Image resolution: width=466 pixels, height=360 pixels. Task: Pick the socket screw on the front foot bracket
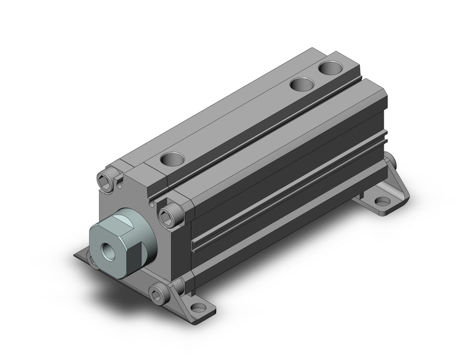158,295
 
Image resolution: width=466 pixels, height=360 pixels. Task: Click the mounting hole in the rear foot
382,201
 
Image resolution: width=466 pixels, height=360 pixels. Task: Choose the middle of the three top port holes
300,83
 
